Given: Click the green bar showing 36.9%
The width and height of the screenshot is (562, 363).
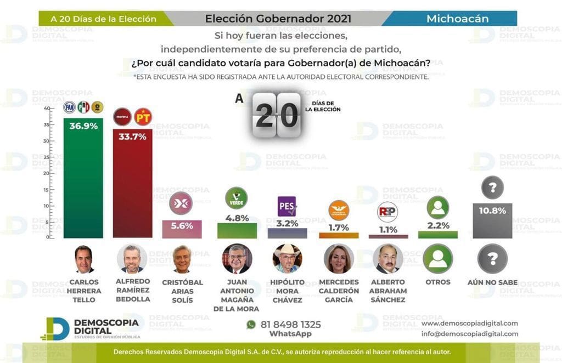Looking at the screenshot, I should (x=83, y=181).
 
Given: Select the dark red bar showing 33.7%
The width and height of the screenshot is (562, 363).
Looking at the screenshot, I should (x=132, y=186).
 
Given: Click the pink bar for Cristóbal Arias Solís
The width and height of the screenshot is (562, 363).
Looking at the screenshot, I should (x=182, y=229).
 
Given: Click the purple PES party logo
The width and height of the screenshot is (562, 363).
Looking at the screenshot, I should (x=286, y=206).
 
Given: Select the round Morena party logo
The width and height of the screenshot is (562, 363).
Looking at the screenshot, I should (x=122, y=116).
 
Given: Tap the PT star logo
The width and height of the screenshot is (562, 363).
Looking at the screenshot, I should (x=143, y=116).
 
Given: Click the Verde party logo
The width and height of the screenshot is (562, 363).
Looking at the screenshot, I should (x=237, y=198).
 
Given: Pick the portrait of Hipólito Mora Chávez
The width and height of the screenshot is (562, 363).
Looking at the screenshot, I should (x=286, y=259).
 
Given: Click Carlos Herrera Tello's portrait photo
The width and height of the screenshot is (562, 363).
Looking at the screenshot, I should (x=83, y=259).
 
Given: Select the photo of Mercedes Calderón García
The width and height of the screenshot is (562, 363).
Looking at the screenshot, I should (x=339, y=259).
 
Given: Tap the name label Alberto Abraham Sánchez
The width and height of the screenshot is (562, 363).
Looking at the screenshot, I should (x=388, y=291).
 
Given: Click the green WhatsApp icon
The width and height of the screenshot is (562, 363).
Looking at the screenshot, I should (x=251, y=325).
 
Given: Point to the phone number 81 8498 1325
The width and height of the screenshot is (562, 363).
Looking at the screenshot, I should (x=291, y=325).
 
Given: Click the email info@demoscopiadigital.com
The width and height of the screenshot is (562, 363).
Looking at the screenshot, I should (x=469, y=333).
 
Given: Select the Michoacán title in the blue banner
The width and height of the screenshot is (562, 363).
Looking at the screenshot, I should (x=457, y=19).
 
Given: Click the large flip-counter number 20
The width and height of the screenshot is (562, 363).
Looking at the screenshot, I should (x=277, y=115).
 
